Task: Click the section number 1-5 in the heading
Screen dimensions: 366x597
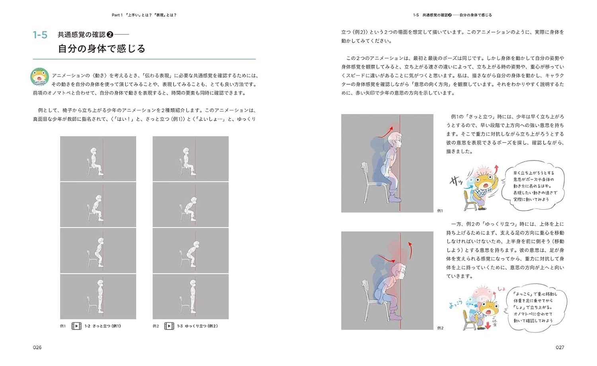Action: (40, 35)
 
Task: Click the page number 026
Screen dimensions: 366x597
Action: (37, 347)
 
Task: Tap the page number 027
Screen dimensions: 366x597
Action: (560, 347)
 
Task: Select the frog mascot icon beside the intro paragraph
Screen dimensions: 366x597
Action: (39, 77)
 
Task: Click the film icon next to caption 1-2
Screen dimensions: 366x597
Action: (76, 326)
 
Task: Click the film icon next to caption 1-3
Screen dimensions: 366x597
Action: (169, 326)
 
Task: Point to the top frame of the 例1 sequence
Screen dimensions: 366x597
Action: (98, 159)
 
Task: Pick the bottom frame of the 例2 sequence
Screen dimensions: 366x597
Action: (191, 296)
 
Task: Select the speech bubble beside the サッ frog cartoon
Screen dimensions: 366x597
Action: (533, 186)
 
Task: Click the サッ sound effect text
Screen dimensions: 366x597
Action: (456, 181)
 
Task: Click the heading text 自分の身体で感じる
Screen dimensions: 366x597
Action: (101, 49)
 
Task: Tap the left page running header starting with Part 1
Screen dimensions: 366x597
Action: (144, 15)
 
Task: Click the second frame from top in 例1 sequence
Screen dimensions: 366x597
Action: (98, 204)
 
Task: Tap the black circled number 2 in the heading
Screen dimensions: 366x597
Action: (110, 35)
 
